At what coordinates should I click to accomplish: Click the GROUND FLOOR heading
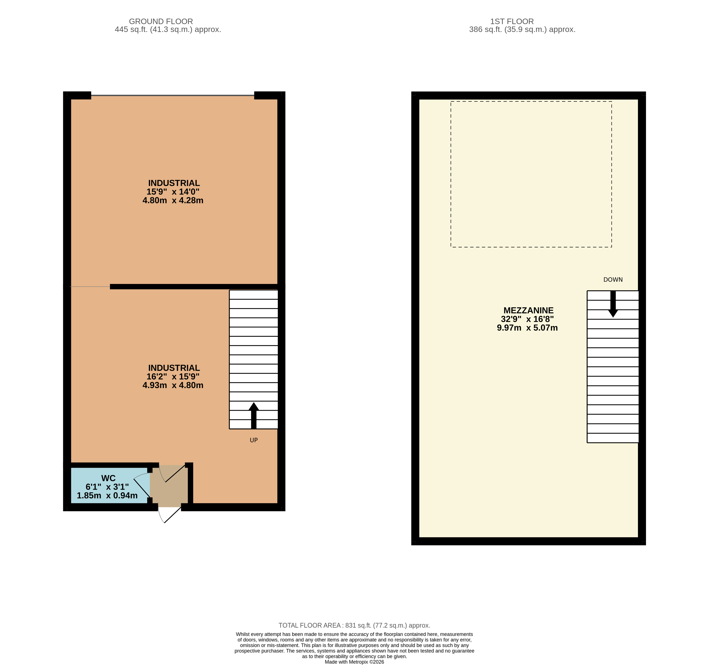pyautogui.click(x=161, y=21)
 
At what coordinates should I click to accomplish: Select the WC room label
pyautogui.click(x=108, y=478)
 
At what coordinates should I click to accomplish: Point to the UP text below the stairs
pyautogui.click(x=254, y=440)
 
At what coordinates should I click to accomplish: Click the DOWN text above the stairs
pyautogui.click(x=613, y=279)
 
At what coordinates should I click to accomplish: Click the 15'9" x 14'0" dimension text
pyautogui.click(x=173, y=192)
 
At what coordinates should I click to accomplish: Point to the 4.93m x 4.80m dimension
pyautogui.click(x=173, y=385)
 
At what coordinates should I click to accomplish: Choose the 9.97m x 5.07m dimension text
pyautogui.click(x=527, y=328)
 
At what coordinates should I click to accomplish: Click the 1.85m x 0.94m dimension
pyautogui.click(x=107, y=495)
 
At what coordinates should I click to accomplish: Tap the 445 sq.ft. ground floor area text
pyautogui.click(x=168, y=30)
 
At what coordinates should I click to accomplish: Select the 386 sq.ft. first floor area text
pyautogui.click(x=522, y=30)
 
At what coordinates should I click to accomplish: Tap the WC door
pyautogui.click(x=142, y=487)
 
